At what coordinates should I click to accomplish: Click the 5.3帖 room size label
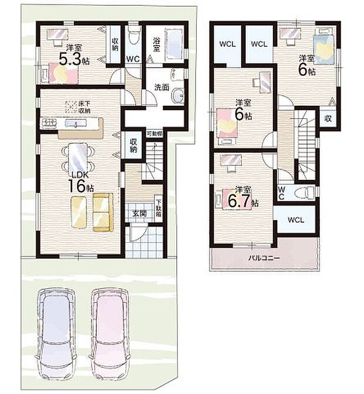(x=75, y=57)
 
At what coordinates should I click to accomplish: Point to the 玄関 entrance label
(x=140, y=213)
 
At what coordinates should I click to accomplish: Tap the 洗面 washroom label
(x=162, y=87)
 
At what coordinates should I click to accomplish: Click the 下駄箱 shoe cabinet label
(x=159, y=206)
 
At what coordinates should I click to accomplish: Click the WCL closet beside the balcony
(x=295, y=221)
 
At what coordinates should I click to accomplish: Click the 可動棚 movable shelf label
(x=154, y=134)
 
